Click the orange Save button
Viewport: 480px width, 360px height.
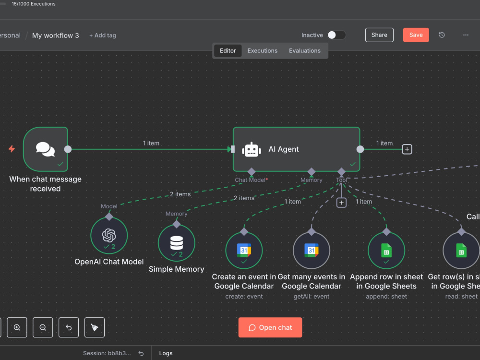pos(416,35)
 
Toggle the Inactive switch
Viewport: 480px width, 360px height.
pos(336,35)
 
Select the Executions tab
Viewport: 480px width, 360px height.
pos(263,51)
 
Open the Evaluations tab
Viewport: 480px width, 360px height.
pos(305,51)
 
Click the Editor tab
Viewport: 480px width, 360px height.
pos(228,51)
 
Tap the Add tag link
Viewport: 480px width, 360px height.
pos(103,36)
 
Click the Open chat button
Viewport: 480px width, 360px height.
pos(270,327)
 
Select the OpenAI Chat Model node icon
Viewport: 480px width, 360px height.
pos(109,235)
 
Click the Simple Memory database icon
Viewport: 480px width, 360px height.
pos(176,243)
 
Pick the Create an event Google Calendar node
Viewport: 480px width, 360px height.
pos(244,251)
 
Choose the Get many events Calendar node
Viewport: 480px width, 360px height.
pos(312,251)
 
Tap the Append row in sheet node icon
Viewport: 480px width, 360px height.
pos(386,251)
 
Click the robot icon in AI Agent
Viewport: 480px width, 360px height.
pos(252,149)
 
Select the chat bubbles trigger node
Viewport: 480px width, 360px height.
pos(45,149)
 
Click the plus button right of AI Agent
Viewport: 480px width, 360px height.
pos(407,149)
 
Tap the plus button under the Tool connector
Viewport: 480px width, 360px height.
pos(341,203)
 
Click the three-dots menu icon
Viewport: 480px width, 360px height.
pos(466,35)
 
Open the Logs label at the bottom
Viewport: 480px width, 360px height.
pos(166,353)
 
